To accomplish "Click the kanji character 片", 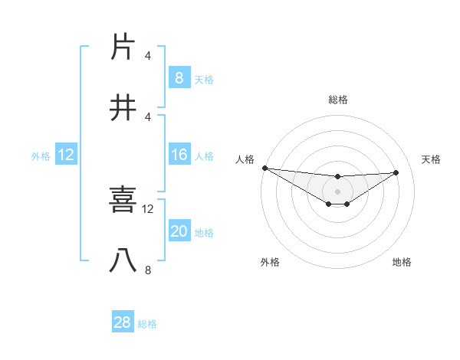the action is (123, 47).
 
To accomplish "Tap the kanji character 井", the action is (123, 108).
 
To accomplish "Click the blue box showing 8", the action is (179, 78).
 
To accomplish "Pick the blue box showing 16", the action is (179, 155).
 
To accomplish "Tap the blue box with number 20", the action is (179, 232).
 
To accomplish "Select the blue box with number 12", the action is (65, 155).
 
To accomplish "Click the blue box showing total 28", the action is (122, 322).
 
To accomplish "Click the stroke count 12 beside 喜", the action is (148, 208).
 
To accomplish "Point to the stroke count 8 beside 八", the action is (148, 270).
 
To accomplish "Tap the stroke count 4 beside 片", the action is (148, 55).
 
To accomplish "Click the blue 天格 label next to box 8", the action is (204, 79).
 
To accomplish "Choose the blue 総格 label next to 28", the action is (147, 324).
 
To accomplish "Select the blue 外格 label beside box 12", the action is (41, 156).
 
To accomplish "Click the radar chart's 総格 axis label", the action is (337, 100).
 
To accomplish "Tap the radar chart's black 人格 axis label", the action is (245, 159).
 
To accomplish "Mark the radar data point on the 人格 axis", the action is (264, 168).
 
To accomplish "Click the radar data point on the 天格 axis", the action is (396, 172).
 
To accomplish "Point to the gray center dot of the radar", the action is (337, 191).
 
